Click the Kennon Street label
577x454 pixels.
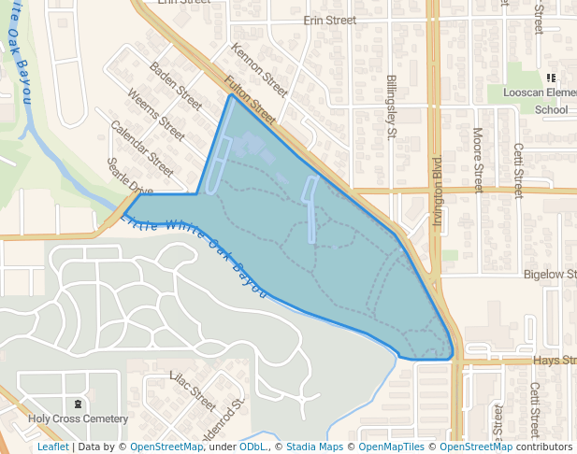(x=258, y=70)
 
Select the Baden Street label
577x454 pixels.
(x=176, y=85)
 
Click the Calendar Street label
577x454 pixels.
(x=142, y=148)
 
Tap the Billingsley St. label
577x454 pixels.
(x=392, y=107)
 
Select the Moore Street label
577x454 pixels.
(x=478, y=160)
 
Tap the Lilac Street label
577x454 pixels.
(x=192, y=390)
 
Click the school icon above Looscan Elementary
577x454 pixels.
(x=550, y=78)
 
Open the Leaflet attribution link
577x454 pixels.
(x=53, y=447)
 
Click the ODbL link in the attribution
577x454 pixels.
(x=252, y=447)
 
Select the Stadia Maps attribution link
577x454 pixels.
(x=314, y=447)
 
